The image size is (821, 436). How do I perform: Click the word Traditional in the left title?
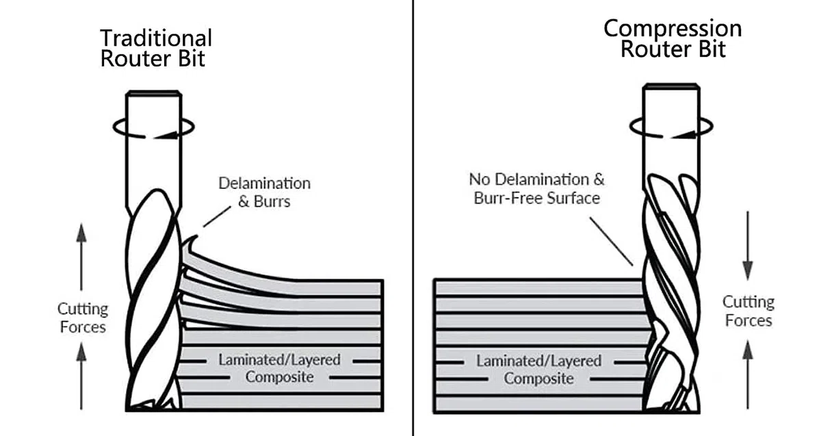click(156, 38)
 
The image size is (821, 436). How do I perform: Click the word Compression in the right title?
click(673, 29)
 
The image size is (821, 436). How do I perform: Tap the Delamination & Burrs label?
click(264, 192)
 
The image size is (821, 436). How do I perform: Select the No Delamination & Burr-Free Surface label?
click(536, 189)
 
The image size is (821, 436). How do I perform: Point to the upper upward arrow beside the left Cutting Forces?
click(81, 257)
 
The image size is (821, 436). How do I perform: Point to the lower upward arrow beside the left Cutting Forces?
click(81, 376)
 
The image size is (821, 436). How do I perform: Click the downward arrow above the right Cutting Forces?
click(748, 246)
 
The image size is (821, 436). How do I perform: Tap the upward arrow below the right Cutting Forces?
click(748, 374)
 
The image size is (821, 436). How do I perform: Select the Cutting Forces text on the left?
click(83, 318)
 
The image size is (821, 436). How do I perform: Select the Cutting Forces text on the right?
click(748, 311)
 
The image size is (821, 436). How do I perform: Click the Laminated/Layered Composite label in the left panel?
click(279, 368)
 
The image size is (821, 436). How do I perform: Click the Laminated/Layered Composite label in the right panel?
click(539, 370)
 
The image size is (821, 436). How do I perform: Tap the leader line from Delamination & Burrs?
click(217, 216)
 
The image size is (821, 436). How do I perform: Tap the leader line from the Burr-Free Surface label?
click(611, 242)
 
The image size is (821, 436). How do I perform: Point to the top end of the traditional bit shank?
click(153, 93)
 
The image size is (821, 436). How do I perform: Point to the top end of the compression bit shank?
click(671, 86)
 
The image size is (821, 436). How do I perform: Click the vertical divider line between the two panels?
click(413, 218)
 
